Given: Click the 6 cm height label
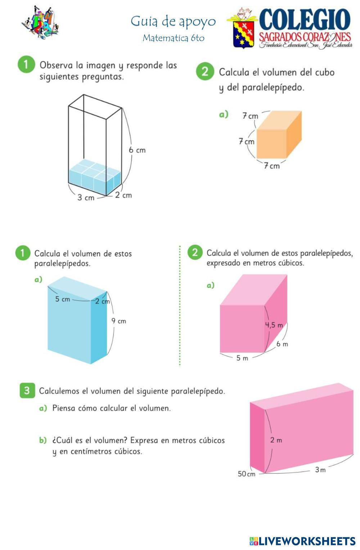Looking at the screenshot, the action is coord(137,150).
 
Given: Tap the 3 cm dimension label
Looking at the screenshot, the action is coord(86,197).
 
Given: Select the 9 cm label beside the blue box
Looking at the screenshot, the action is coord(118,321).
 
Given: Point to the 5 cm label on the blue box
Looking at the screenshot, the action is coord(63,299).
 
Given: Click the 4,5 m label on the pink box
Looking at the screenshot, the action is coord(274,325).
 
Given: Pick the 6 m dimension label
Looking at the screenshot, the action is coord(282,344).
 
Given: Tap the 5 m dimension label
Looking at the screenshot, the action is coord(242,358).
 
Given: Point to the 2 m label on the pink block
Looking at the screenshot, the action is coord(276,440).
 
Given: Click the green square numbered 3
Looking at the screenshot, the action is coord(27,391).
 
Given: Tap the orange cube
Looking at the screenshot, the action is coord(279,135).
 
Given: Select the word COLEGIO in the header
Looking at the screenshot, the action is coord(305,20).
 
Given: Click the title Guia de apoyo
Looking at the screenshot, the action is coord(173,22).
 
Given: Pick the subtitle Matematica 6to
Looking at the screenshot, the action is coord(174,38).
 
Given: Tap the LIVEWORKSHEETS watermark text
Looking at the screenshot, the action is coord(307,541).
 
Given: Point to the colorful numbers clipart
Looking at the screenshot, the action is coord(40,22).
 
